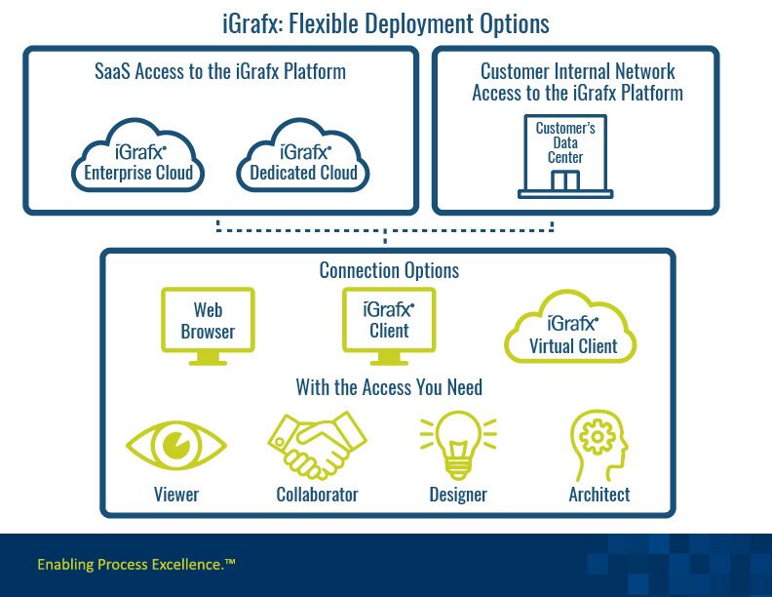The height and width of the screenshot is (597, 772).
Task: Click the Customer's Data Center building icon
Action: (565, 156)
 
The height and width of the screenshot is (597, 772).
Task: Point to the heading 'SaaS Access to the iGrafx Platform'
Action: (220, 71)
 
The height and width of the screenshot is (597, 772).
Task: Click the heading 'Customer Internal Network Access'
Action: (577, 82)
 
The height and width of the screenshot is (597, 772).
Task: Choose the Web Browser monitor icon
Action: (208, 322)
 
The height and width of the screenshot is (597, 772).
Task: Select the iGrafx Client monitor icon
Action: (388, 322)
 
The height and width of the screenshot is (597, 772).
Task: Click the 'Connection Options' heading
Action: (389, 270)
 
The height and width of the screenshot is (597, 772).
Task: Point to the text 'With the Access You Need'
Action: (389, 388)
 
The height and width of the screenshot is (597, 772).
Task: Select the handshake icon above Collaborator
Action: (316, 444)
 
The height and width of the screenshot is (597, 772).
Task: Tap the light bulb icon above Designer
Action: (457, 444)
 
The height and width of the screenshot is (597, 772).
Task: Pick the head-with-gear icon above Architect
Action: (598, 444)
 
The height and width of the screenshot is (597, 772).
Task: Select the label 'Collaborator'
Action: (317, 495)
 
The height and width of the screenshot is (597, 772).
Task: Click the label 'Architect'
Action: (598, 495)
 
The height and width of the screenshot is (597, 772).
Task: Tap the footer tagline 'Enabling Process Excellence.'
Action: (135, 564)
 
